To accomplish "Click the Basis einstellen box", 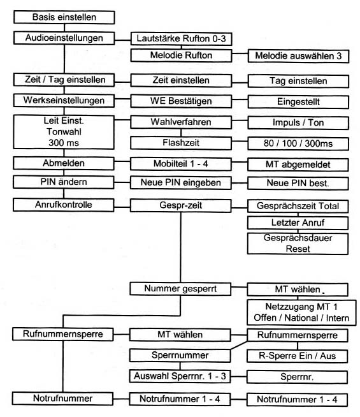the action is pos(64,17).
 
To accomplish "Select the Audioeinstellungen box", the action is pos(64,38).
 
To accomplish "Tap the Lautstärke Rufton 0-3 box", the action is pos(181,39).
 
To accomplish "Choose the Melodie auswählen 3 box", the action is pos(298,56).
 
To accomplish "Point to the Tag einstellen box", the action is pos(298,81).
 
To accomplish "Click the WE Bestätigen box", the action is pos(181,101).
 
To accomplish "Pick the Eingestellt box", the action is pos(298,102).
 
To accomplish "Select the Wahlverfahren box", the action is pos(181,122).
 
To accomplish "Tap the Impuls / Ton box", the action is pos(298,123).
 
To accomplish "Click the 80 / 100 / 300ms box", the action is pos(298,143).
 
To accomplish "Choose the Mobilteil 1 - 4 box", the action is pos(181,164).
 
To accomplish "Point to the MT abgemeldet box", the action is pos(298,165).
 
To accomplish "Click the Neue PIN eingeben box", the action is pos(181,183).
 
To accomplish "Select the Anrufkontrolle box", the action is pos(64,205).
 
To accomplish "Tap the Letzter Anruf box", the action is pos(298,223).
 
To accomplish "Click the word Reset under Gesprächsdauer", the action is pos(298,249).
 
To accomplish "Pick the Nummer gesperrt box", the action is pos(180,289).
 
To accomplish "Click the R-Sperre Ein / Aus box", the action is pos(298,356).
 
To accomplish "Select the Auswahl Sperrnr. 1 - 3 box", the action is pos(180,376).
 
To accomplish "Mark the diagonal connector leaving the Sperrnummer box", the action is pos(239,345).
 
